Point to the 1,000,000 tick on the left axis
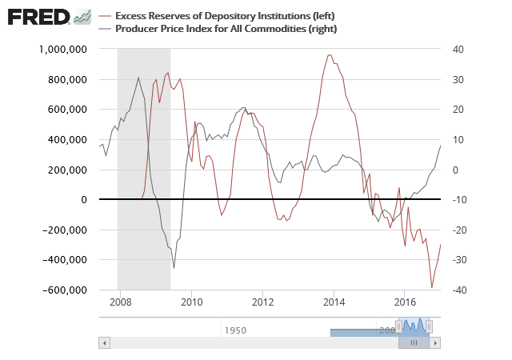click(x=63, y=50)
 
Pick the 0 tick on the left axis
click(x=82, y=200)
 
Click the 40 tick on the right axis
click(x=458, y=50)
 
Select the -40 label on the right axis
click(x=458, y=290)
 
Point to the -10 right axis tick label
click(x=458, y=200)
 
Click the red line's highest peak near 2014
click(x=330, y=55)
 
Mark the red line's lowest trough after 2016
click(x=432, y=287)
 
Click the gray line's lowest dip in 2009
click(x=174, y=267)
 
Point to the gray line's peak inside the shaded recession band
click(x=138, y=78)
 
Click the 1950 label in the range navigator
click(x=235, y=330)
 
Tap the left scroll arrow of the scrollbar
click(x=103, y=342)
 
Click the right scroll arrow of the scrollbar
click(x=434, y=342)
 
